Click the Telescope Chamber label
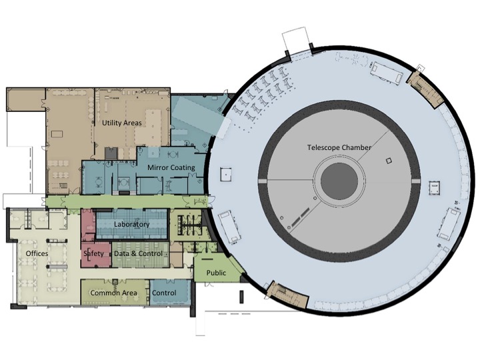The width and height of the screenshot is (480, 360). coord(339,147)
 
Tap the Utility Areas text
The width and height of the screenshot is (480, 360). coord(122,123)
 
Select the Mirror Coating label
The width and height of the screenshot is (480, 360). coord(171,167)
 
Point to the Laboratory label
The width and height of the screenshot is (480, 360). coord(131,224)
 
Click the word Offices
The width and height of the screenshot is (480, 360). coord(37,253)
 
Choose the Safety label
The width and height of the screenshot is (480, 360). coord(94,253)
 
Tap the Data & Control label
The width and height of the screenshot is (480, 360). coord(139,253)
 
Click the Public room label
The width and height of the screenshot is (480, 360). coord(216,273)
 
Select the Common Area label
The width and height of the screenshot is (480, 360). coord(113,293)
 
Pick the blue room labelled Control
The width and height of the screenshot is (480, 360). coord(170,293)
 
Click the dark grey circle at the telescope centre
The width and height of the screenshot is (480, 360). coord(339,181)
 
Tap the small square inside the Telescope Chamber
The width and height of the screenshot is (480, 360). coord(389,161)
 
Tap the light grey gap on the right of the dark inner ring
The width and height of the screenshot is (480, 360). coord(416,181)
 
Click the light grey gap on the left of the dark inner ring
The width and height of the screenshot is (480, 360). coord(263,181)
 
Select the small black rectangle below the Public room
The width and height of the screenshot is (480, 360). coord(241,297)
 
